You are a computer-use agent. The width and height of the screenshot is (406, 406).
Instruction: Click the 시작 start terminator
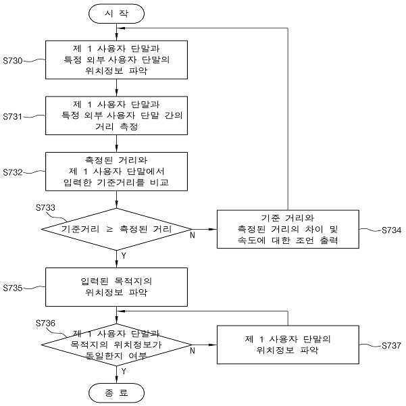[116, 14]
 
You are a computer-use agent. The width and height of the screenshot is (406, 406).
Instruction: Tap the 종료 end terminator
[116, 392]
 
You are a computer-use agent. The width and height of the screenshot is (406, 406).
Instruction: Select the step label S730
[13, 61]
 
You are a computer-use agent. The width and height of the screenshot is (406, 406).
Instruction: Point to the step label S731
[13, 116]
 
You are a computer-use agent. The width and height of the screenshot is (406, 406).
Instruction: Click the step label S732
[13, 172]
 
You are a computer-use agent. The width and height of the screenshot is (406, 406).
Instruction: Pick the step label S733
[45, 207]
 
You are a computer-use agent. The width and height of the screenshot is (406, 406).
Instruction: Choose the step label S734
[392, 230]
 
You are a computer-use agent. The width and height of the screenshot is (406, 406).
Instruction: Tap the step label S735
[13, 288]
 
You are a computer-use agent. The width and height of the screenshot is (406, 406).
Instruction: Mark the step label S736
[45, 323]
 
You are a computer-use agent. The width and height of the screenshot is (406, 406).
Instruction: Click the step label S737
[392, 345]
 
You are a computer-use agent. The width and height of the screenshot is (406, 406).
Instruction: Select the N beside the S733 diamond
[193, 235]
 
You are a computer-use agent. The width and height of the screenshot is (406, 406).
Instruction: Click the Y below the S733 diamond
[124, 256]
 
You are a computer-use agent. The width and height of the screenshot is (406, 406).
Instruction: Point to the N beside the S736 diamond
[193, 351]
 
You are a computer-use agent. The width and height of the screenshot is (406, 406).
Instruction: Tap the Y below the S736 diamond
[124, 372]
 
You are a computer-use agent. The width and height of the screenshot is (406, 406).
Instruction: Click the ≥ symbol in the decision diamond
[109, 229]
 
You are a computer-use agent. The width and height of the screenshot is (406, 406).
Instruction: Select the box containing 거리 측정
[116, 116]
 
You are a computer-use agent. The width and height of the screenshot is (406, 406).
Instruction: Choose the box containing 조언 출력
[288, 229]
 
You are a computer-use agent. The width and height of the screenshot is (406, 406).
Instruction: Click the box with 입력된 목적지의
[116, 287]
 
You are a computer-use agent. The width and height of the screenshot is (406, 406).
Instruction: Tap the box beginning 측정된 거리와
[116, 172]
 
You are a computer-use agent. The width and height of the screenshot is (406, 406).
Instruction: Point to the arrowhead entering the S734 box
[213, 229]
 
